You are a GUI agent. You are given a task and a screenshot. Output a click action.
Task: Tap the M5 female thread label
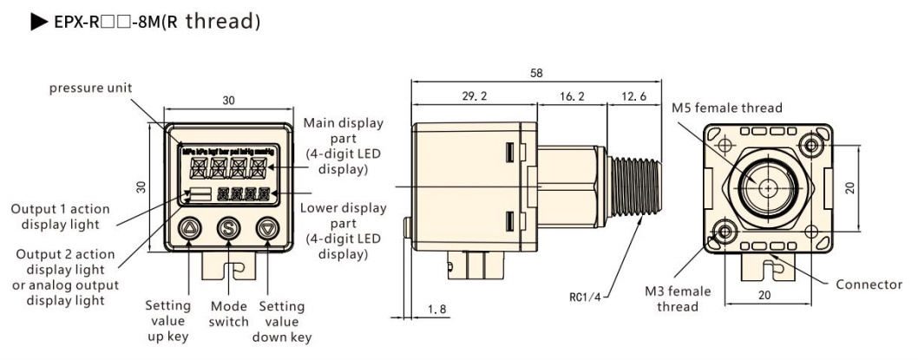[x=727, y=108]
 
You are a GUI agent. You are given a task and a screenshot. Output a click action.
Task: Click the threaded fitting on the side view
[x=634, y=187]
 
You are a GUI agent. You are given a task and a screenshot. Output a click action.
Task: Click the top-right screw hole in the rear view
[x=813, y=143]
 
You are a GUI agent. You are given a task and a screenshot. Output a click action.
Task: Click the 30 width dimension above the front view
[x=228, y=101]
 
